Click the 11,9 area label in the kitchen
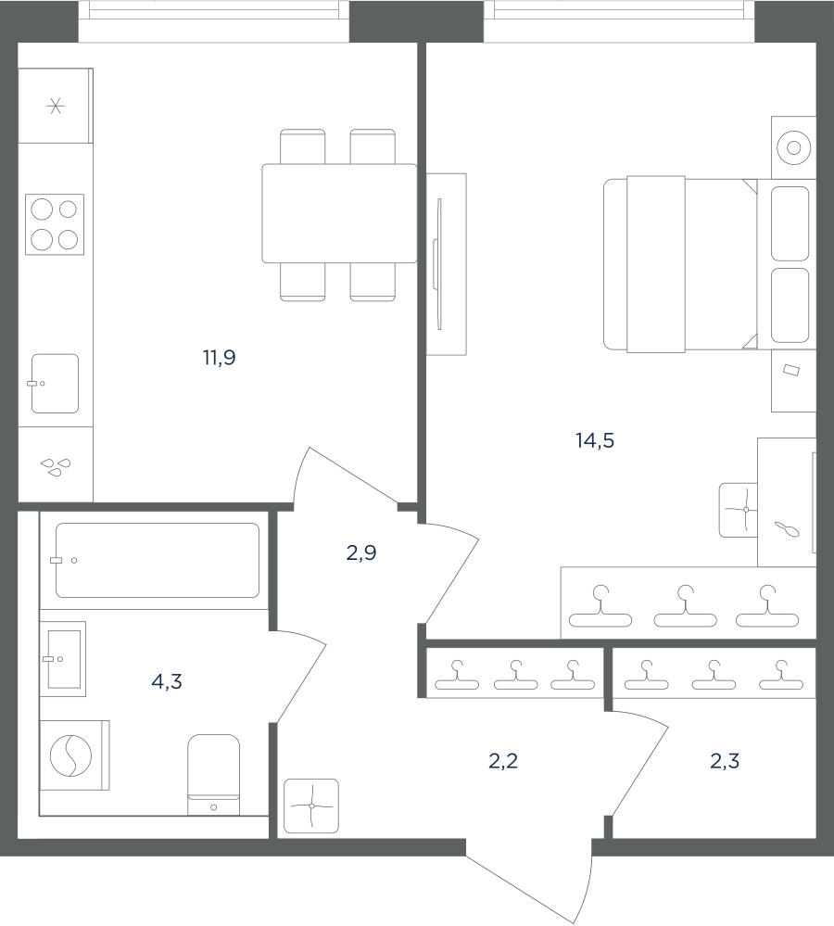tap(220, 357)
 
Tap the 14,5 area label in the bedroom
tap(595, 440)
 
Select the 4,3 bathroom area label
tap(167, 682)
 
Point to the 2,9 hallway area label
tap(361, 552)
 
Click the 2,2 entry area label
tap(503, 761)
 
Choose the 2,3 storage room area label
tap(725, 761)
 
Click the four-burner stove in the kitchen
tap(55, 224)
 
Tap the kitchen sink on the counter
tap(55, 383)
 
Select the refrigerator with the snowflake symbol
tap(56, 106)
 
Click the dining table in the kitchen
tap(339, 213)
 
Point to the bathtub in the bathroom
tap(157, 560)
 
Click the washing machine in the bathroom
tap(74, 755)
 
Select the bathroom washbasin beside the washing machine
tap(64, 659)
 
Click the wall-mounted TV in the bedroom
tap(439, 264)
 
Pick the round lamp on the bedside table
tap(793, 147)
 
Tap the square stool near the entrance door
tap(311, 806)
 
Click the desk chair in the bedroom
tap(739, 510)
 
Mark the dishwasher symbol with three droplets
tap(56, 466)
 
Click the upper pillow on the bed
tap(790, 223)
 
